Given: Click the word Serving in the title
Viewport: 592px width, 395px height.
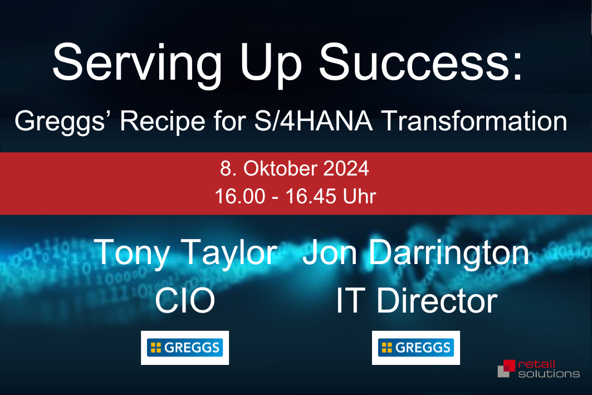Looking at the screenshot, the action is [x=136, y=64].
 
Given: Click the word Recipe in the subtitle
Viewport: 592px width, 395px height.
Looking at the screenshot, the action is [x=163, y=121].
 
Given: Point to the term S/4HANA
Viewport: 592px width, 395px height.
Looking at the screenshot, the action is [x=314, y=121].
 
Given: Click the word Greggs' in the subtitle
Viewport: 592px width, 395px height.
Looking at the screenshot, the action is [x=60, y=121].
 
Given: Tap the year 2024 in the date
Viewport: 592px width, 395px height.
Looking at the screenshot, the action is [x=346, y=168].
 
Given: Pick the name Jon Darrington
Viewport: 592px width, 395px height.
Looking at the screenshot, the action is [x=415, y=252].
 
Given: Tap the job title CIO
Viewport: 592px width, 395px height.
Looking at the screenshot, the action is [x=185, y=301].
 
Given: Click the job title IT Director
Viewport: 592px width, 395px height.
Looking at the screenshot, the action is [x=417, y=301].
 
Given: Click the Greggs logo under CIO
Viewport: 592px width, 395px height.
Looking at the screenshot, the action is [x=185, y=348].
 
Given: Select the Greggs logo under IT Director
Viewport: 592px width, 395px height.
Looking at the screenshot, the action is [x=415, y=348].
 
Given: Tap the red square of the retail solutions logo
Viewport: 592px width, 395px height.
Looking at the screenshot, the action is [x=510, y=365].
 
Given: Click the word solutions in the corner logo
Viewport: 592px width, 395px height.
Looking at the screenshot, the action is [x=549, y=374].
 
